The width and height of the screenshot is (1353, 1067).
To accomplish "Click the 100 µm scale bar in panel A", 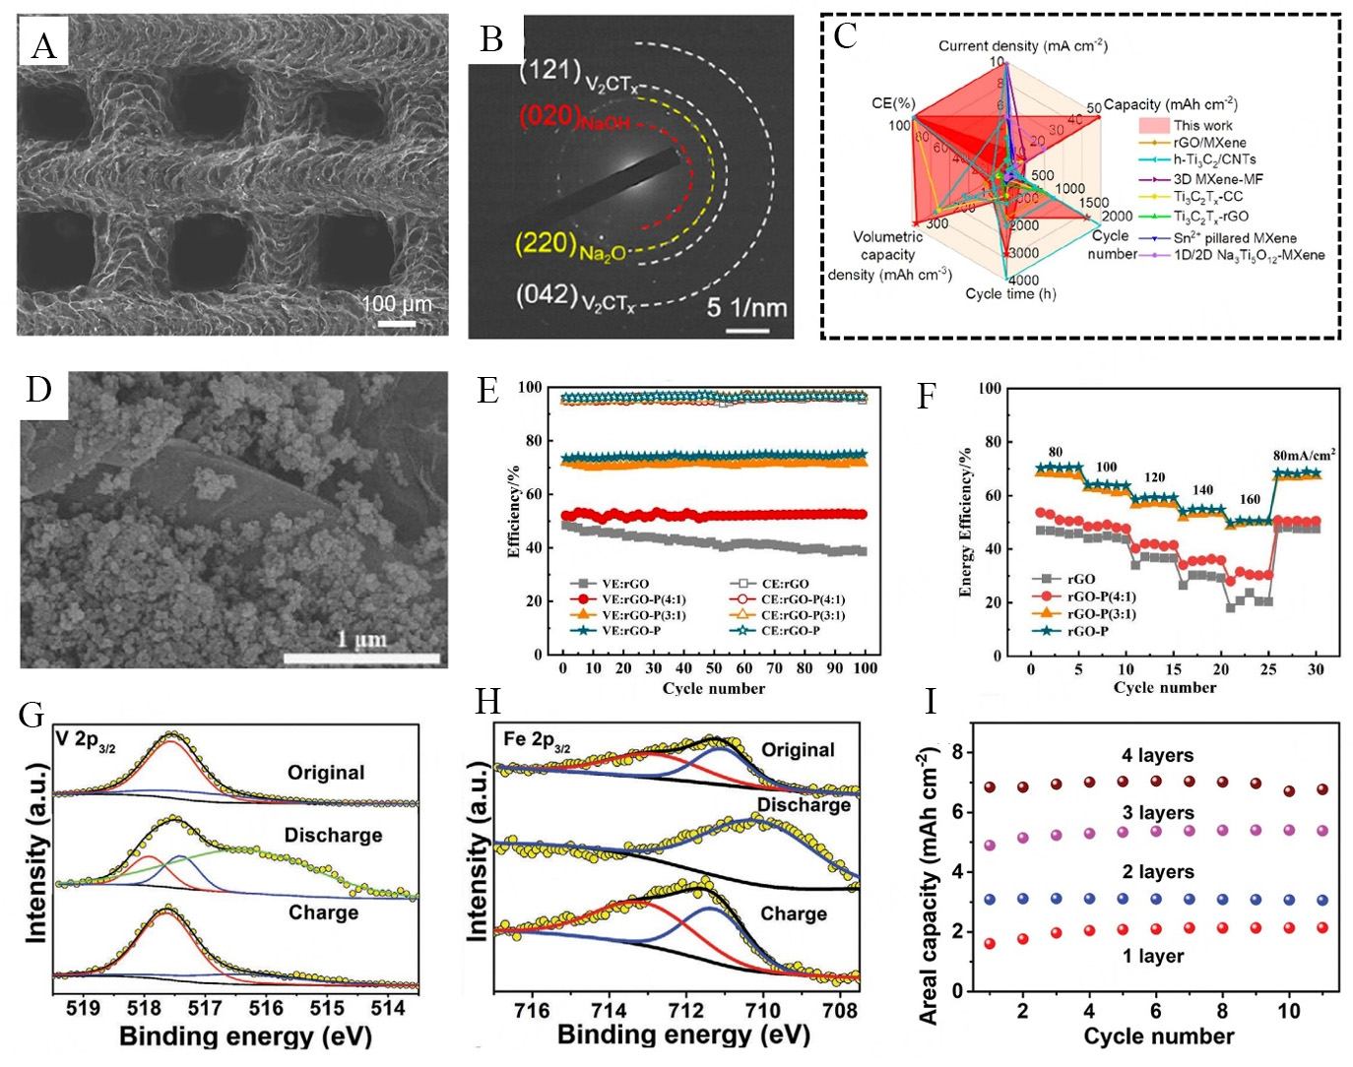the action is (x=397, y=323).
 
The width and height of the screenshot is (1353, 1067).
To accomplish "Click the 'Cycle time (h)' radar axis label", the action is (x=1010, y=293).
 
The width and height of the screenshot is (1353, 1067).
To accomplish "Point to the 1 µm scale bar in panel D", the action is (x=361, y=657).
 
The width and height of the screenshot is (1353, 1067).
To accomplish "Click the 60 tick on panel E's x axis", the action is (x=744, y=668).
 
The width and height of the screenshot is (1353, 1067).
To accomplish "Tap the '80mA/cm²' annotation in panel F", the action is (x=1304, y=455).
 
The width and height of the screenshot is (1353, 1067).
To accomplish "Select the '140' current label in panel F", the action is (x=1202, y=489).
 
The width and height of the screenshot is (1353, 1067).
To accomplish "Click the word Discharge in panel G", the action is (x=333, y=835).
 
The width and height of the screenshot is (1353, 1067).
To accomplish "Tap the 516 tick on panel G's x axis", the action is (x=266, y=1008).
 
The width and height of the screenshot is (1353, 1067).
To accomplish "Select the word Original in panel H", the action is (x=798, y=750).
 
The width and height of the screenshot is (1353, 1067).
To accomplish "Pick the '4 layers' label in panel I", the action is (x=1157, y=755).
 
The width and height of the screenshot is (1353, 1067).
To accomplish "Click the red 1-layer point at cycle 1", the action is (x=990, y=943).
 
